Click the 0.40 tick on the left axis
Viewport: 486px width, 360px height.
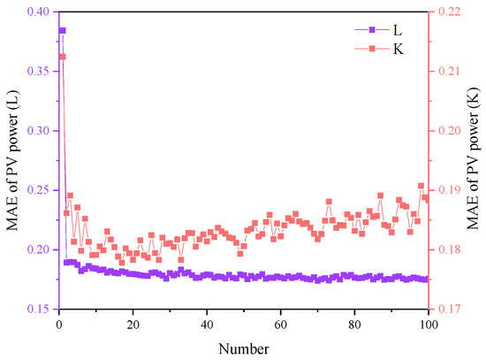pos(37,11)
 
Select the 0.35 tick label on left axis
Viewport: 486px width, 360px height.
pos(37,71)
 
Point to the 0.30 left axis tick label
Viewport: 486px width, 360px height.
pos(37,131)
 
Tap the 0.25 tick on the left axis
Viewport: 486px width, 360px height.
pos(37,190)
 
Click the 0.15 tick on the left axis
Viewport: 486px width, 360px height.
pos(37,310)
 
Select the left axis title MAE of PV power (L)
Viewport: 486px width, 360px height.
pos(11,160)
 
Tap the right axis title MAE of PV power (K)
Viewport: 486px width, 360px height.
pos(475,160)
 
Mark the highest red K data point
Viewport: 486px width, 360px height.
pos(62,57)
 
